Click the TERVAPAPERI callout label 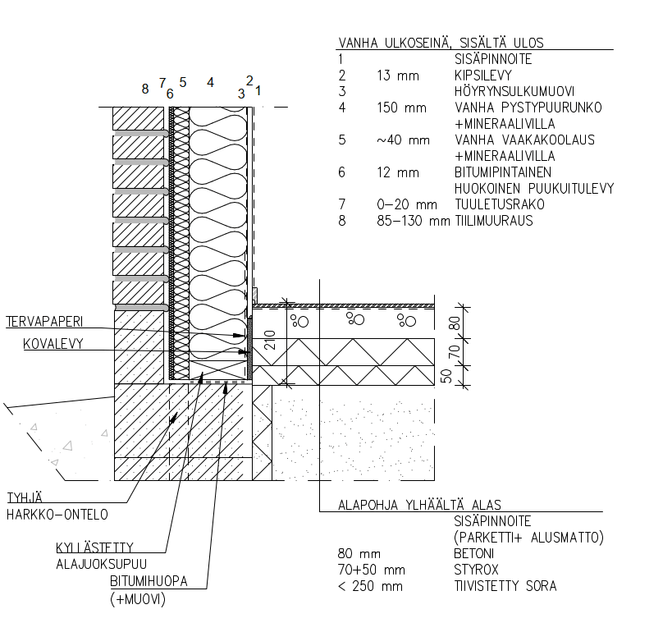point(45,321)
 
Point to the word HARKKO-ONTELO point(57,515)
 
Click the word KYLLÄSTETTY point(94,547)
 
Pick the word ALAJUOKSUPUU point(101,564)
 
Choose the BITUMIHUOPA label point(149,581)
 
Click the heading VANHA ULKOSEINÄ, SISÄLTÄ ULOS point(441,43)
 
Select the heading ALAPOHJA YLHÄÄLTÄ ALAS point(419,505)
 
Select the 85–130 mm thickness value point(409,221)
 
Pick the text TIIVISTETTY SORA point(505,586)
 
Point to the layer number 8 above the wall point(145,89)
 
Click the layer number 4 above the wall point(210,82)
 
